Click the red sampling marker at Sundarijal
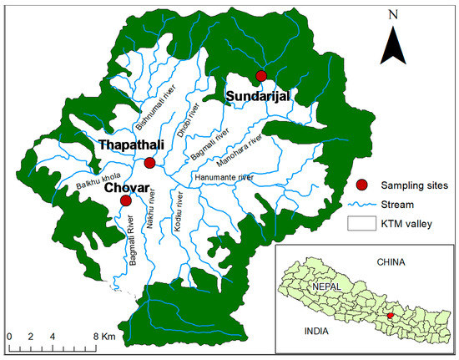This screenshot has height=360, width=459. click(261, 76)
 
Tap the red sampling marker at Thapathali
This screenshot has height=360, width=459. click(149, 163)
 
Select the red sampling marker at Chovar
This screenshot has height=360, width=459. click(125, 200)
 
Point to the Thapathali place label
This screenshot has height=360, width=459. click(132, 145)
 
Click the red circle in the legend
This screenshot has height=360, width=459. click(361, 185)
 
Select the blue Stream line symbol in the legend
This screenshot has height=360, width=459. click(361, 204)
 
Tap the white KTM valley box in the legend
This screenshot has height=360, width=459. click(361, 223)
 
